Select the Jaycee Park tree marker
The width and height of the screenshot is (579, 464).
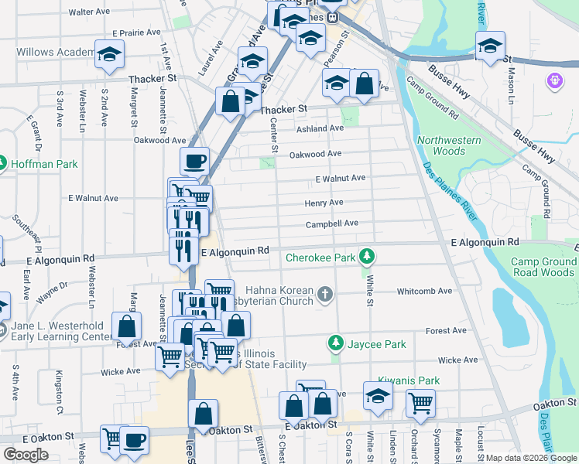click(x=335, y=343)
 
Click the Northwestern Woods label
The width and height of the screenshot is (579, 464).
click(x=448, y=145)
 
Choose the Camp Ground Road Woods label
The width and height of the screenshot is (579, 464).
click(x=543, y=267)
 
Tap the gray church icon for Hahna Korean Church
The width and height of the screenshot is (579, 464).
click(x=325, y=294)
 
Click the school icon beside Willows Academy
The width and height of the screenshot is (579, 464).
click(x=109, y=55)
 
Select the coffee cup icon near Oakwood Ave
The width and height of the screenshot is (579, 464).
click(x=194, y=161)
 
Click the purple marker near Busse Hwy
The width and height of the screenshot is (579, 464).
click(x=553, y=79)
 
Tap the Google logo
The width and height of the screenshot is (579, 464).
click(x=26, y=455)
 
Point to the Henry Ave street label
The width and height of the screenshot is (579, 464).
click(x=324, y=203)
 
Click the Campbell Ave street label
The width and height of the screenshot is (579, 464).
click(x=331, y=223)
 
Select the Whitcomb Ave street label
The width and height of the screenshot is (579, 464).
click(x=423, y=291)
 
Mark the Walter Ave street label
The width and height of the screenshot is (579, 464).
click(x=89, y=12)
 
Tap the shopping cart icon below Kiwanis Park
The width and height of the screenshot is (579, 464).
click(x=420, y=402)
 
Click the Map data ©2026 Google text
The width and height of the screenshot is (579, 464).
click(x=530, y=458)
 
